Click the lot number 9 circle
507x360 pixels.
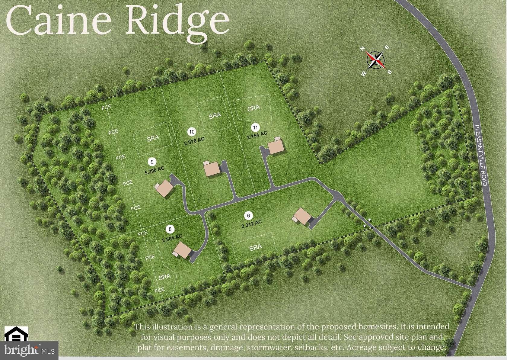[152, 162]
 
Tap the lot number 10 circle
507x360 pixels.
[192, 131]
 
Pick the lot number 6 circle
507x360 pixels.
[248, 215]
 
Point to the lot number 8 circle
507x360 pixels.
[170, 229]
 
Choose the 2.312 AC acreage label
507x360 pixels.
[251, 223]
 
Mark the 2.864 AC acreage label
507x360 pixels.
[172, 238]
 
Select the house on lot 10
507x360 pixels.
[212, 169]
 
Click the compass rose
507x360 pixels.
[376, 60]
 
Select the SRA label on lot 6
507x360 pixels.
[256, 247]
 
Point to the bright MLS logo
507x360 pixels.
[29, 351]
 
